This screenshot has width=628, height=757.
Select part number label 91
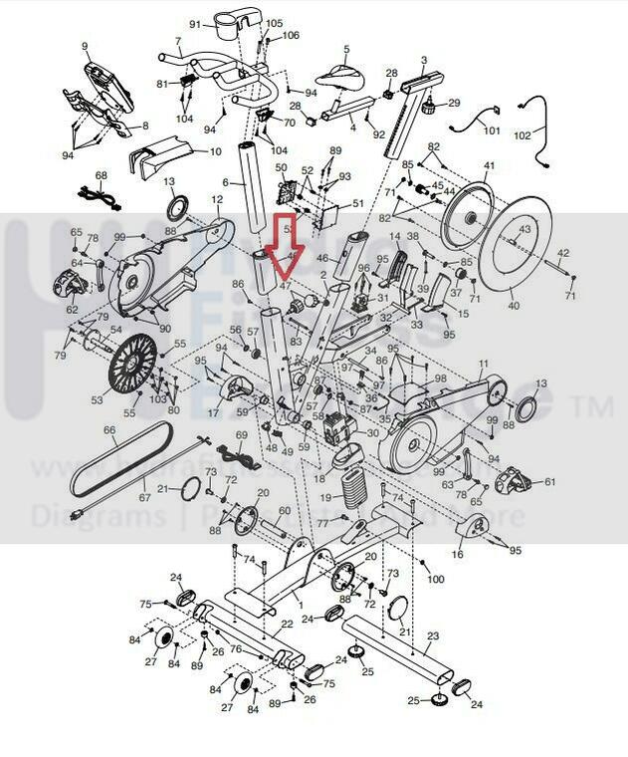195,24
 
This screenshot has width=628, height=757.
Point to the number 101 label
492,130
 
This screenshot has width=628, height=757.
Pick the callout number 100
436,578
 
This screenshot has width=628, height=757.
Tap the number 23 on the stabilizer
432,635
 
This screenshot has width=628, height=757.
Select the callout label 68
101,176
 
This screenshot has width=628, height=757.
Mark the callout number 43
524,230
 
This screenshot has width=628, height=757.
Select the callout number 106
291,36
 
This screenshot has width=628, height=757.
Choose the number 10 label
215,151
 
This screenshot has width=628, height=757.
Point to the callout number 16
458,554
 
